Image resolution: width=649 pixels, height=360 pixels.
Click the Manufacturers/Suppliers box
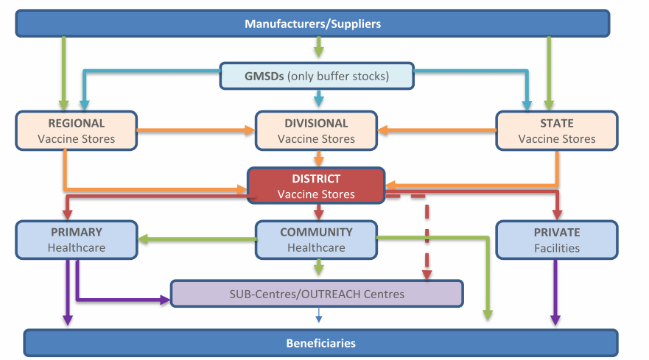point(312,24)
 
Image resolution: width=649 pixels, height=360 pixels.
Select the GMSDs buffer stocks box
point(317,76)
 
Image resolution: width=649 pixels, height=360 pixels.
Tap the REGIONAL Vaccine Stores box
point(77,131)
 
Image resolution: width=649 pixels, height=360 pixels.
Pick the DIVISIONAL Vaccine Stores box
point(316,131)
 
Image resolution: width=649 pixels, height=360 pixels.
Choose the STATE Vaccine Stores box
point(556,131)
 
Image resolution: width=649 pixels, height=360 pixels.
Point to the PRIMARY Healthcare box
point(77,240)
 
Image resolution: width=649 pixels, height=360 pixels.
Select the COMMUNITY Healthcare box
point(316,240)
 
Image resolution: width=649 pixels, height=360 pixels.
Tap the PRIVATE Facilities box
point(556,240)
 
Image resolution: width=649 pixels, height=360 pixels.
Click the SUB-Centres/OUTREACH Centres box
point(317,294)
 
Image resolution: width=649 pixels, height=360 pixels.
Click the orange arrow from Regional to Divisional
point(196,131)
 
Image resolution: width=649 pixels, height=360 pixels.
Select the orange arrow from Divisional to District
point(318,158)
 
